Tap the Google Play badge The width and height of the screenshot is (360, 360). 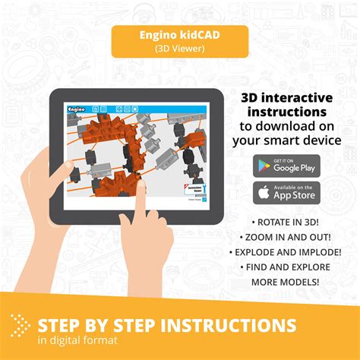[287, 166]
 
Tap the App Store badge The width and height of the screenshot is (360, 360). [287, 193]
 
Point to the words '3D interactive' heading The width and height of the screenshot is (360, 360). [286, 98]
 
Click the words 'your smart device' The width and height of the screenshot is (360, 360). [286, 140]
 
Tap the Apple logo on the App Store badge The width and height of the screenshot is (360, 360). [266, 193]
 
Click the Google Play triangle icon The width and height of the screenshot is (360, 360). [266, 166]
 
